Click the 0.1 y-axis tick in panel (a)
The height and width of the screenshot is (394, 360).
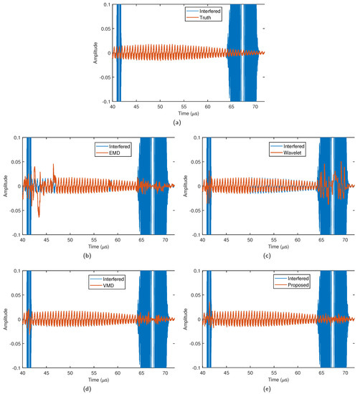click(105, 4)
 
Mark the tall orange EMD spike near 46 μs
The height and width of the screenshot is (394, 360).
click(53, 167)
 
